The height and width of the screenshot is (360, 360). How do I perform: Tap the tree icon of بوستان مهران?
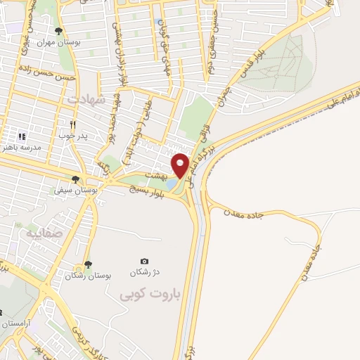click(x=58, y=31)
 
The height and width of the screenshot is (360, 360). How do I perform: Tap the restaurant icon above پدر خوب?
click(x=72, y=124)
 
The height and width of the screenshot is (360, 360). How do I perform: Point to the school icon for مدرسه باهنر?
click(x=21, y=136)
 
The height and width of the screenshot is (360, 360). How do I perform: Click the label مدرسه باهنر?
click(x=23, y=148)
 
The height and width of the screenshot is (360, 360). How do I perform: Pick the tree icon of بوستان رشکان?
click(x=88, y=265)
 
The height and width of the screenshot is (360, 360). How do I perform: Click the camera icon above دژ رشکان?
click(x=145, y=261)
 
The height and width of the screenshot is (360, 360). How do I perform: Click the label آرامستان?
click(x=14, y=323)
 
